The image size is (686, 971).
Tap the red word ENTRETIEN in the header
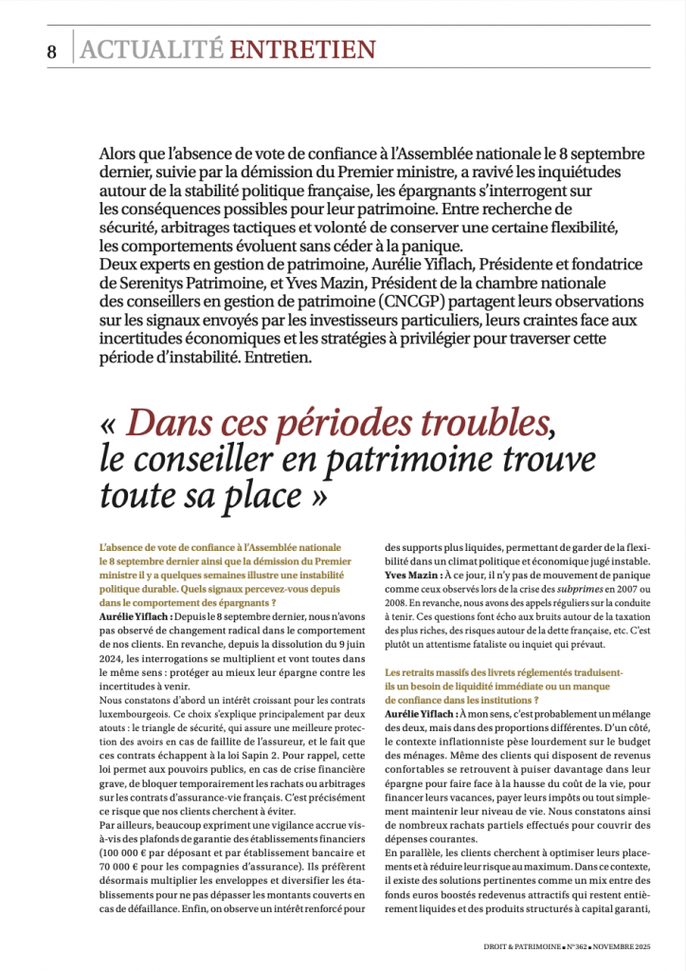click(303, 49)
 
